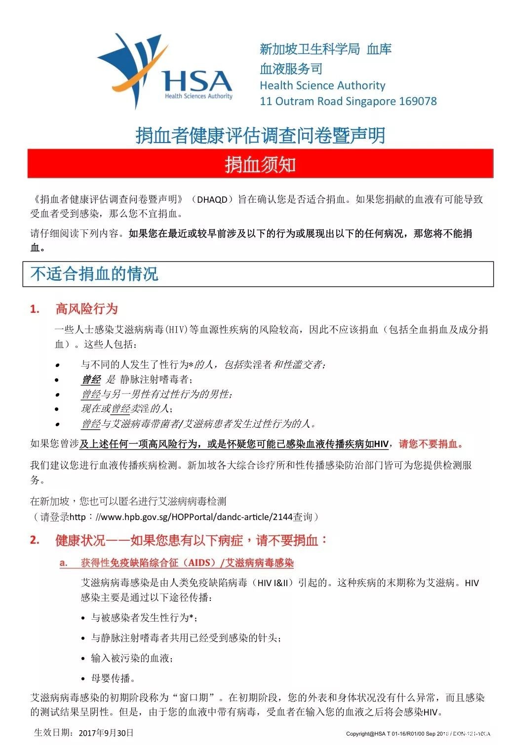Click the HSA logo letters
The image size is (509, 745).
click(x=197, y=81)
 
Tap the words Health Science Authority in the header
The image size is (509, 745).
click(x=322, y=85)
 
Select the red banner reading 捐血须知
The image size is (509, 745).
click(x=260, y=164)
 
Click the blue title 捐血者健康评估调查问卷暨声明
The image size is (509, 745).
click(x=260, y=135)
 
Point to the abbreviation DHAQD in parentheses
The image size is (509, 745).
click(x=212, y=200)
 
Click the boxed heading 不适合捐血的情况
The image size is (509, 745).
click(x=94, y=274)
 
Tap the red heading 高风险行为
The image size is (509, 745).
click(x=87, y=309)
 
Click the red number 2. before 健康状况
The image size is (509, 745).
click(x=35, y=540)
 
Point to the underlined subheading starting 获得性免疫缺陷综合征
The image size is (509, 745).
click(x=187, y=563)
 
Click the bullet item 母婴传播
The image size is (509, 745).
click(x=113, y=678)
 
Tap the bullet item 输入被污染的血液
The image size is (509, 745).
click(x=132, y=658)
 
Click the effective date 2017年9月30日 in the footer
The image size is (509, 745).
click(x=106, y=733)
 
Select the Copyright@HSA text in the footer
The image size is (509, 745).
click(x=366, y=734)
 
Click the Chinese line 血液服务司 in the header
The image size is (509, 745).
click(x=291, y=69)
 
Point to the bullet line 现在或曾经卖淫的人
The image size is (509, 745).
click(x=127, y=409)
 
